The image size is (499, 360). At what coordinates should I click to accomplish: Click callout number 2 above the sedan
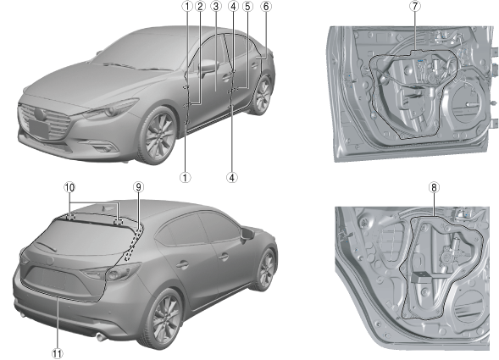tap(200, 6)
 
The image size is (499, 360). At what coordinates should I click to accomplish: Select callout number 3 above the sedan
tap(216, 6)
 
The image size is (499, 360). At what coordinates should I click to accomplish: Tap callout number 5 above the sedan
tap(247, 6)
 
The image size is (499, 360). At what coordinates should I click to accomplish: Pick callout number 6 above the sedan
tap(266, 6)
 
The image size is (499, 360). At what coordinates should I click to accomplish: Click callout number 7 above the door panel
tap(414, 6)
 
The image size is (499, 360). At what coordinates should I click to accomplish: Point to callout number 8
tap(434, 187)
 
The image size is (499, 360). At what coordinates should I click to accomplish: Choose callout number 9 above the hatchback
tap(138, 187)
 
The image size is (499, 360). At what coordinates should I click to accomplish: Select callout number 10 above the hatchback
tap(69, 187)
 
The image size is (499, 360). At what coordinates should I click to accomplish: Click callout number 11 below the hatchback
tap(58, 353)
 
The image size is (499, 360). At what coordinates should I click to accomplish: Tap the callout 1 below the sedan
tap(186, 177)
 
